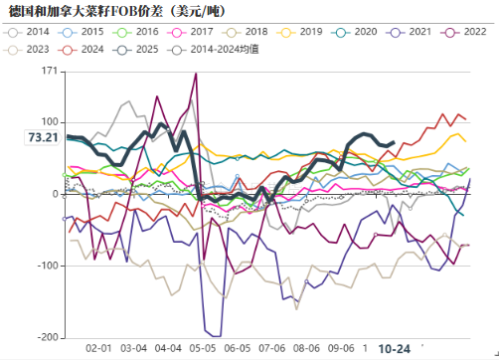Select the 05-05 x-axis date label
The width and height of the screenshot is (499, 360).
click(202, 348)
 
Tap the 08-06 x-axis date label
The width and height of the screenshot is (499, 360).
click(305, 348)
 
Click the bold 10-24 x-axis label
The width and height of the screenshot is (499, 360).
click(396, 348)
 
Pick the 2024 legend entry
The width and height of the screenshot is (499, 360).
click(90, 48)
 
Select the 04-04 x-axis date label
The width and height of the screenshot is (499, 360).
click(168, 348)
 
